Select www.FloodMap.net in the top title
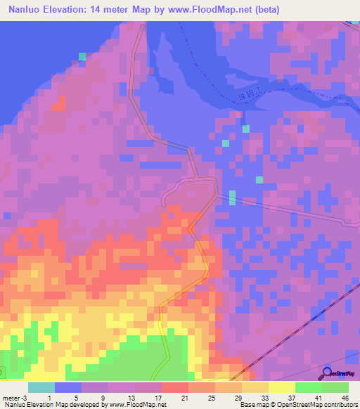click(x=215, y=9)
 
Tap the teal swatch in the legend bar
click(x=41, y=387)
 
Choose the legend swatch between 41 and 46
click(x=335, y=387)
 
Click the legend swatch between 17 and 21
click(x=175, y=387)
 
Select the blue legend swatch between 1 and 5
click(x=68, y=387)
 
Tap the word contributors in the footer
click(x=336, y=405)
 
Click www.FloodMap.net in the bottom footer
click(x=136, y=405)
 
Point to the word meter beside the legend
click(x=10, y=398)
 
